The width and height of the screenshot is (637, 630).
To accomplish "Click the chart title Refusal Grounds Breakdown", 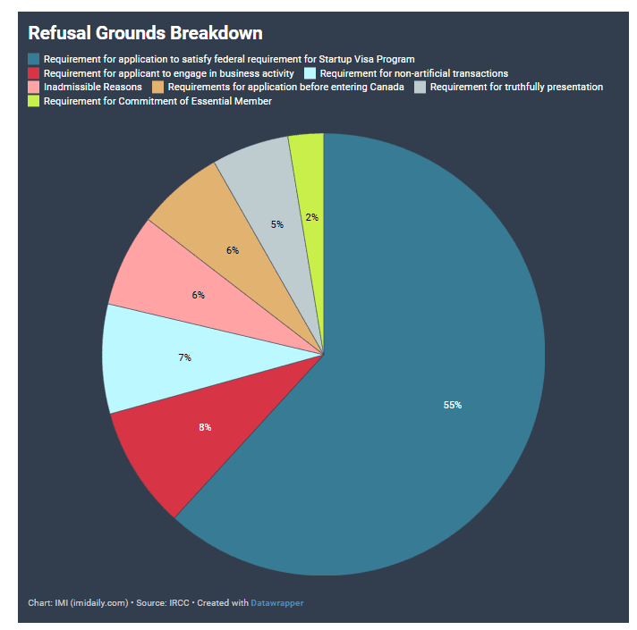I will pyautogui.click(x=145, y=33).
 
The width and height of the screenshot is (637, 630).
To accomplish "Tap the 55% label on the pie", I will pyautogui.click(x=453, y=405).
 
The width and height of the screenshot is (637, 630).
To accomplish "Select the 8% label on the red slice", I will pyautogui.click(x=205, y=427).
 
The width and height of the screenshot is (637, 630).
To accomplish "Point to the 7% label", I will pyautogui.click(x=184, y=357).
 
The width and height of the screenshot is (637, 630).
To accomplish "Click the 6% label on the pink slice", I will pyautogui.click(x=198, y=294).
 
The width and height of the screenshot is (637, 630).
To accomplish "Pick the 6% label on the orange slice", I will pyautogui.click(x=233, y=250).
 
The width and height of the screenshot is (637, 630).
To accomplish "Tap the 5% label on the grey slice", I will pyautogui.click(x=277, y=224).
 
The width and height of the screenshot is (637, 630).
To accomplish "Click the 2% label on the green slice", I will pyautogui.click(x=311, y=216).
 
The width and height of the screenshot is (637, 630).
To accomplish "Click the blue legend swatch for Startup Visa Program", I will pyautogui.click(x=34, y=59).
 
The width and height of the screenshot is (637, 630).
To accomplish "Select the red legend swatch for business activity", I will pyautogui.click(x=34, y=73).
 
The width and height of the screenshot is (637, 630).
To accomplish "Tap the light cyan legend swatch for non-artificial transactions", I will pyautogui.click(x=310, y=73).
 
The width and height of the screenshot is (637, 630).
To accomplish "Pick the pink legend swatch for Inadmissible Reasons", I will pyautogui.click(x=34, y=88).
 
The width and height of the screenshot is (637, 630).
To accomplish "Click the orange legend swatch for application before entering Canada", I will pyautogui.click(x=158, y=88).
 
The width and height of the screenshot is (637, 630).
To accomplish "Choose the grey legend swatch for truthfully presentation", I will pyautogui.click(x=421, y=88).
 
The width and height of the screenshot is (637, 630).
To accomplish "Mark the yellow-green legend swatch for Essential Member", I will pyautogui.click(x=34, y=102).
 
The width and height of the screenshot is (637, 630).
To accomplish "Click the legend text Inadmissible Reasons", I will pyautogui.click(x=92, y=88).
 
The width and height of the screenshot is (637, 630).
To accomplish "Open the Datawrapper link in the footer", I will pyautogui.click(x=276, y=603).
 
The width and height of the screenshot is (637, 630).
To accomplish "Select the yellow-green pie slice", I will pyautogui.click(x=308, y=179).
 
